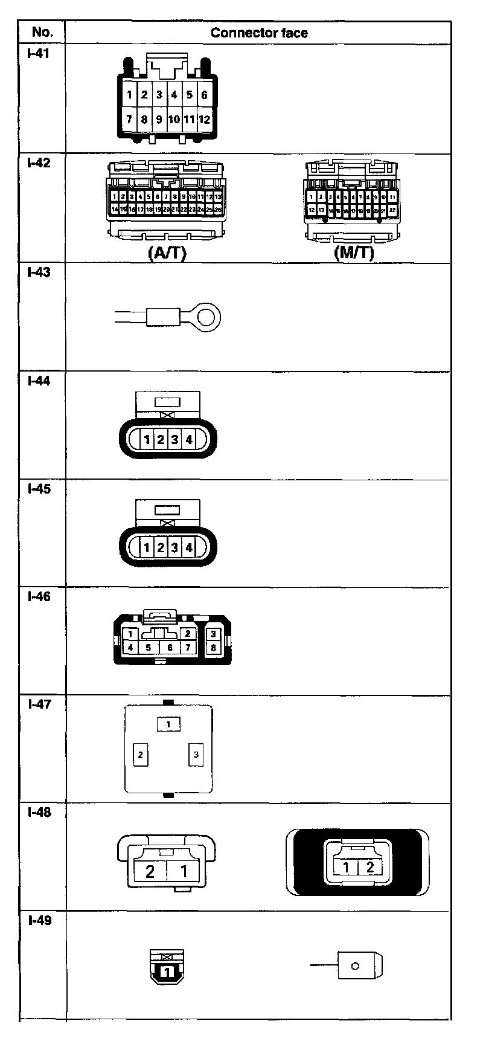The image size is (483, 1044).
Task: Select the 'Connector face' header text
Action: pos(259,33)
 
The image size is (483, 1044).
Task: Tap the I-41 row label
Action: pos(38,53)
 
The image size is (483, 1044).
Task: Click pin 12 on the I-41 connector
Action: pos(204,119)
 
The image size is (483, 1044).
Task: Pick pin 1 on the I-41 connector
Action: pos(129,95)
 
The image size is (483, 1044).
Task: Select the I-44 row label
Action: pos(39,381)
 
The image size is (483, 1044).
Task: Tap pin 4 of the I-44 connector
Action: pos(189,440)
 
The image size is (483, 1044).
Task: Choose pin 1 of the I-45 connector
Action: pos(147,548)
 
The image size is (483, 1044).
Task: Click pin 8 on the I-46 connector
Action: pos(214,648)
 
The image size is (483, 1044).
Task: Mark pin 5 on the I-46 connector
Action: pos(148,648)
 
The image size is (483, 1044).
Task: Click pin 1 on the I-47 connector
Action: pos(169,724)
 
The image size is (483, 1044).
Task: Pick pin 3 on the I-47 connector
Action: pos(196,755)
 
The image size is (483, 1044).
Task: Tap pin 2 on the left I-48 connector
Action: pos(150,871)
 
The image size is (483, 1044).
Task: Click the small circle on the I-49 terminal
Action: pos(355,966)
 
